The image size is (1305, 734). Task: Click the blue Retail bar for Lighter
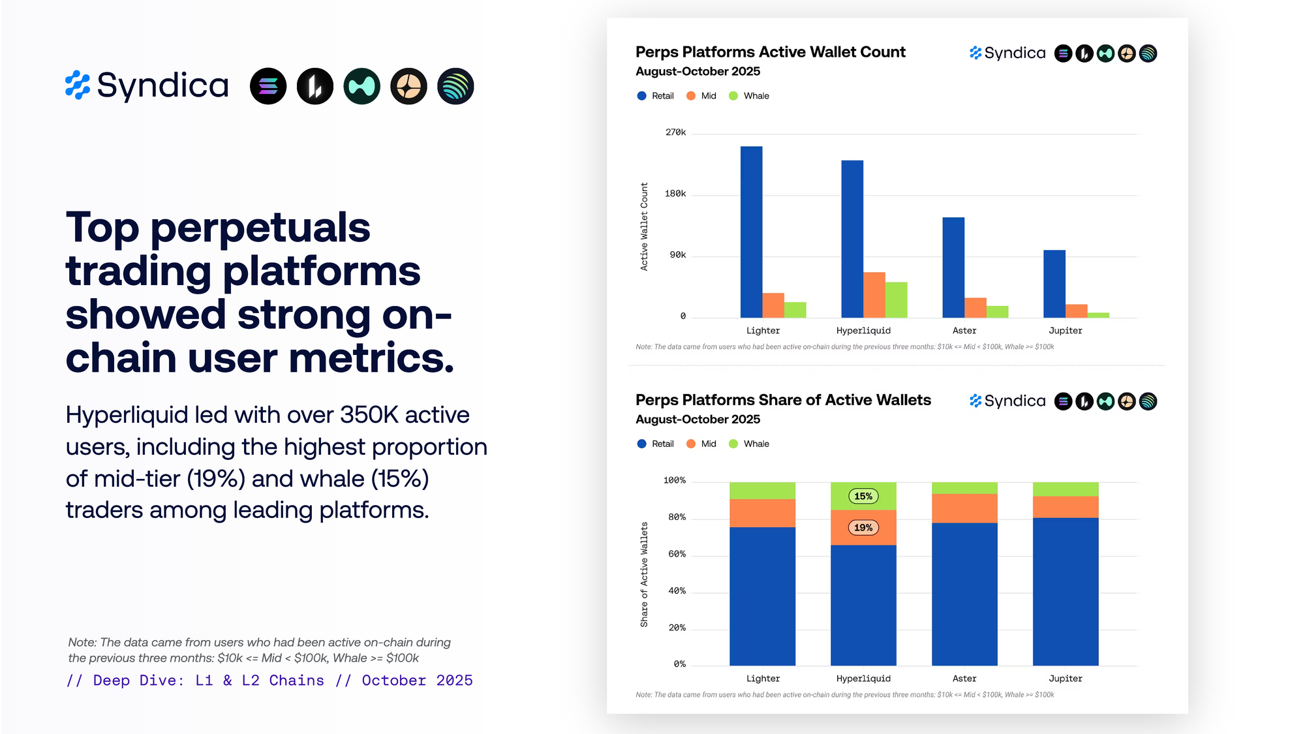(751, 232)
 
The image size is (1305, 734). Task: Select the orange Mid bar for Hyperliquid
(874, 295)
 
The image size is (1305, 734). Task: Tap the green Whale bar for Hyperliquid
(896, 300)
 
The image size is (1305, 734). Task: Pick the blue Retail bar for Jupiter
(1054, 284)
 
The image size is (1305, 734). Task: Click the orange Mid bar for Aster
(975, 308)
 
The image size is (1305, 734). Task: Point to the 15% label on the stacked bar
(863, 497)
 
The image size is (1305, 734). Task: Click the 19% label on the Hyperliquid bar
(863, 528)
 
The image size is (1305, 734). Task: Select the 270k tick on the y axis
(675, 132)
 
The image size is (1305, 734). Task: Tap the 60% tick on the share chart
(677, 554)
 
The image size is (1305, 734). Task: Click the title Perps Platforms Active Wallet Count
(770, 52)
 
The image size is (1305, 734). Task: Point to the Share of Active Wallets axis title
(644, 574)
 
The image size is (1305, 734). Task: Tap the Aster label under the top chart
(964, 331)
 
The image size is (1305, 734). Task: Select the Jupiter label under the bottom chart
(1065, 679)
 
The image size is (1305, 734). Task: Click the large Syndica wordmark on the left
(162, 85)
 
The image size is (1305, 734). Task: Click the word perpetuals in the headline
(260, 228)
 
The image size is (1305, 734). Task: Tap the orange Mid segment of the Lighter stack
(762, 513)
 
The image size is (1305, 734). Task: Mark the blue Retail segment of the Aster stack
(964, 594)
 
